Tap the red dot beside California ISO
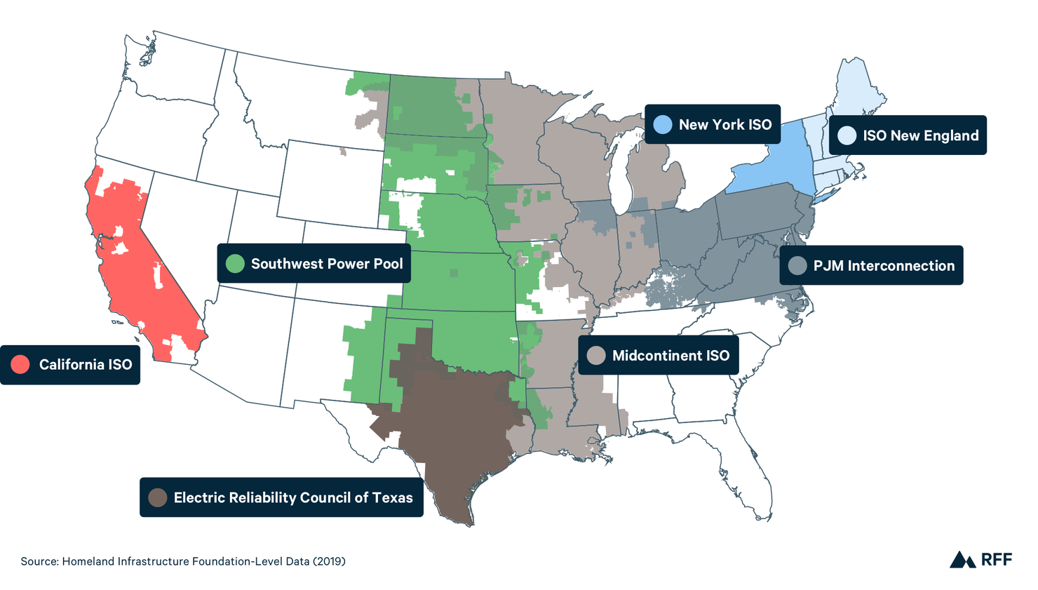point(20,365)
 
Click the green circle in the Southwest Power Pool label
point(235,264)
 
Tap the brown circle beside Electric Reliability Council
point(158,498)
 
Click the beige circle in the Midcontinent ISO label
point(596,356)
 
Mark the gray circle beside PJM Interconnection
point(797,266)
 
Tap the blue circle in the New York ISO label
point(662,125)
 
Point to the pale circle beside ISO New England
point(847,135)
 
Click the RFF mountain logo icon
point(962,560)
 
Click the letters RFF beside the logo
point(997,560)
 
